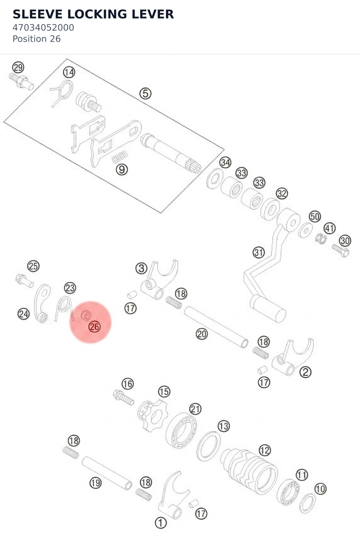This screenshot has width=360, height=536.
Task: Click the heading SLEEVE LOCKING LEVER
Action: [x=93, y=14]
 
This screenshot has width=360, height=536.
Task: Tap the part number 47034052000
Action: [x=43, y=28]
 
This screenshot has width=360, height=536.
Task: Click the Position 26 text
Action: [x=37, y=39]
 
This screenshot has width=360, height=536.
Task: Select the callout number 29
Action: [x=18, y=67]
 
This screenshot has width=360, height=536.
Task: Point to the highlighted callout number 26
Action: [x=94, y=327]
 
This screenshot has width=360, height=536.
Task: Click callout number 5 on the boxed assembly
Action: [x=145, y=94]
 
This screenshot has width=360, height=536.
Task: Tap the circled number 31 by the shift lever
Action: [x=259, y=253]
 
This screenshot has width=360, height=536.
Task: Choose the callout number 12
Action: [x=265, y=450]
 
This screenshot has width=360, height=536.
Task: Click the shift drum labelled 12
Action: [x=249, y=471]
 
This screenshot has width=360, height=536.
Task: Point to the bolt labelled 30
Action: [x=340, y=251]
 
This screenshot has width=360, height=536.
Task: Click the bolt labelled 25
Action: [x=25, y=281]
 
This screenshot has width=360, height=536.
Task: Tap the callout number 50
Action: [x=315, y=216]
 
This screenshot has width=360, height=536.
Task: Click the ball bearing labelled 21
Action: [x=181, y=430]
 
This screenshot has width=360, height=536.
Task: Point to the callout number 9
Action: [x=122, y=170]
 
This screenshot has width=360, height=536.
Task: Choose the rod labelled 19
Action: [x=107, y=473]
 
